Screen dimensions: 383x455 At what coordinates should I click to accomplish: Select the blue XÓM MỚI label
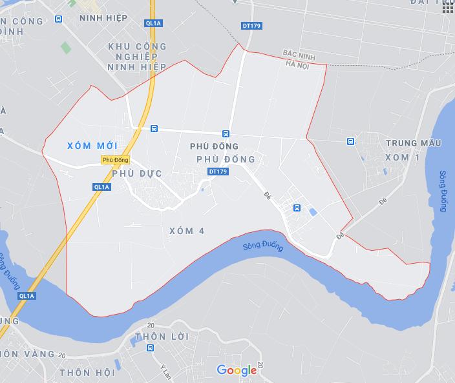click(x=92, y=146)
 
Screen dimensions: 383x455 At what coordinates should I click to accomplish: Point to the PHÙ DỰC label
click(x=136, y=174)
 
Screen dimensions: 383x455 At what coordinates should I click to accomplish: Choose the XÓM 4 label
click(x=186, y=231)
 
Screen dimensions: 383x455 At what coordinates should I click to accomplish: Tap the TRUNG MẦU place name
click(x=413, y=142)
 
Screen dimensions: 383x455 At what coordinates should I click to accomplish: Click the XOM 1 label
click(x=401, y=157)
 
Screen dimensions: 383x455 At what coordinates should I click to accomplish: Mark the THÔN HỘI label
click(x=87, y=373)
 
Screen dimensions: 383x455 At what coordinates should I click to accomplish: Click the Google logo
click(x=237, y=370)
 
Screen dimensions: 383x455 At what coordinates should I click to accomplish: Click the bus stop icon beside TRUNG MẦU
click(x=350, y=142)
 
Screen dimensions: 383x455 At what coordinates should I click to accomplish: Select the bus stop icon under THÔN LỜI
click(x=150, y=349)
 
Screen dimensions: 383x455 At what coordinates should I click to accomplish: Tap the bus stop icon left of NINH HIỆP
click(x=59, y=19)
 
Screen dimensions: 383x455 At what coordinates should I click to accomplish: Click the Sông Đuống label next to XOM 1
click(x=443, y=191)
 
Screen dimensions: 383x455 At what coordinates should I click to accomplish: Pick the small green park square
click(x=65, y=47)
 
